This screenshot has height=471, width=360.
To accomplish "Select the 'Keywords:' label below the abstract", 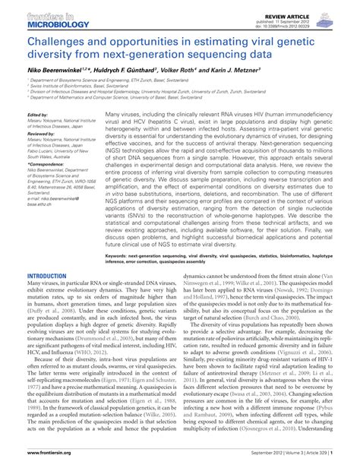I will point(118,257).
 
